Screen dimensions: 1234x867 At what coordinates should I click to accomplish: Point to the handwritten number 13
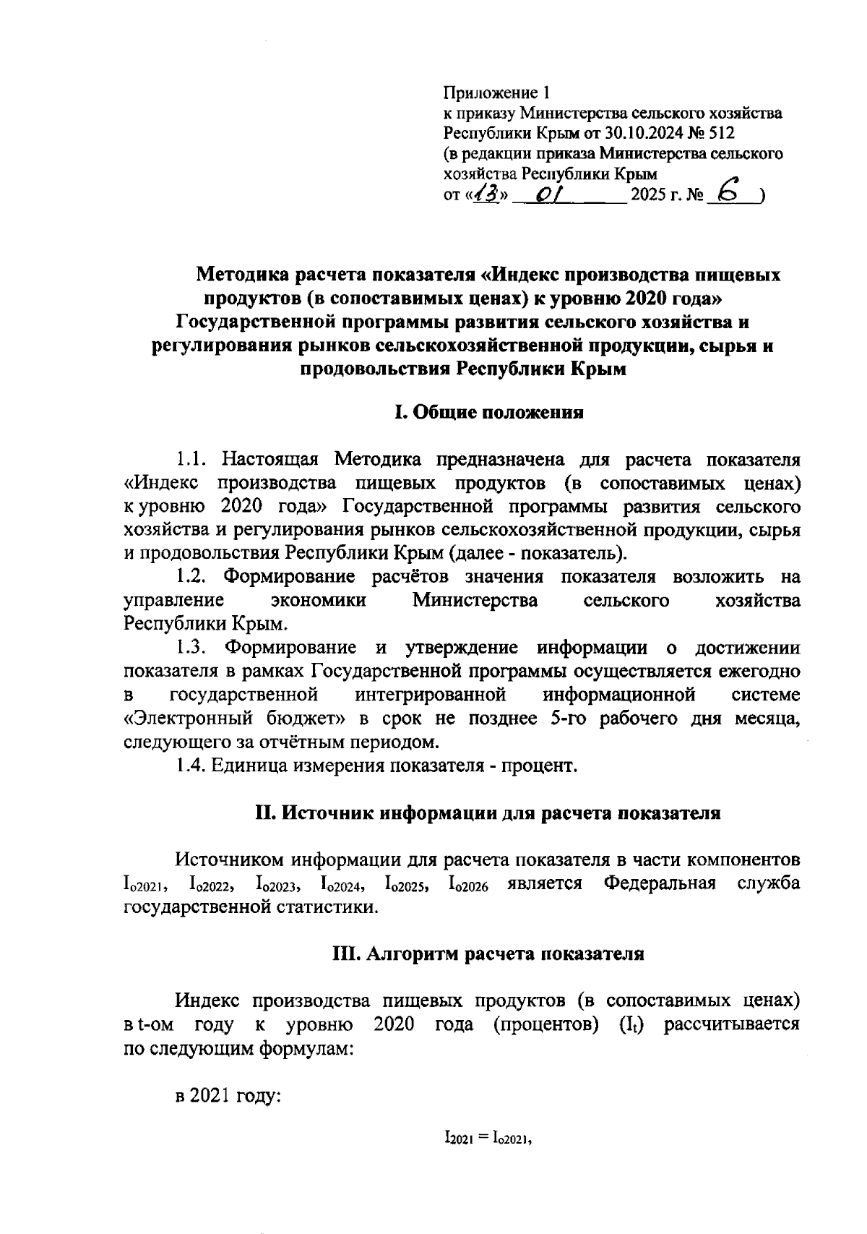click(x=489, y=194)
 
